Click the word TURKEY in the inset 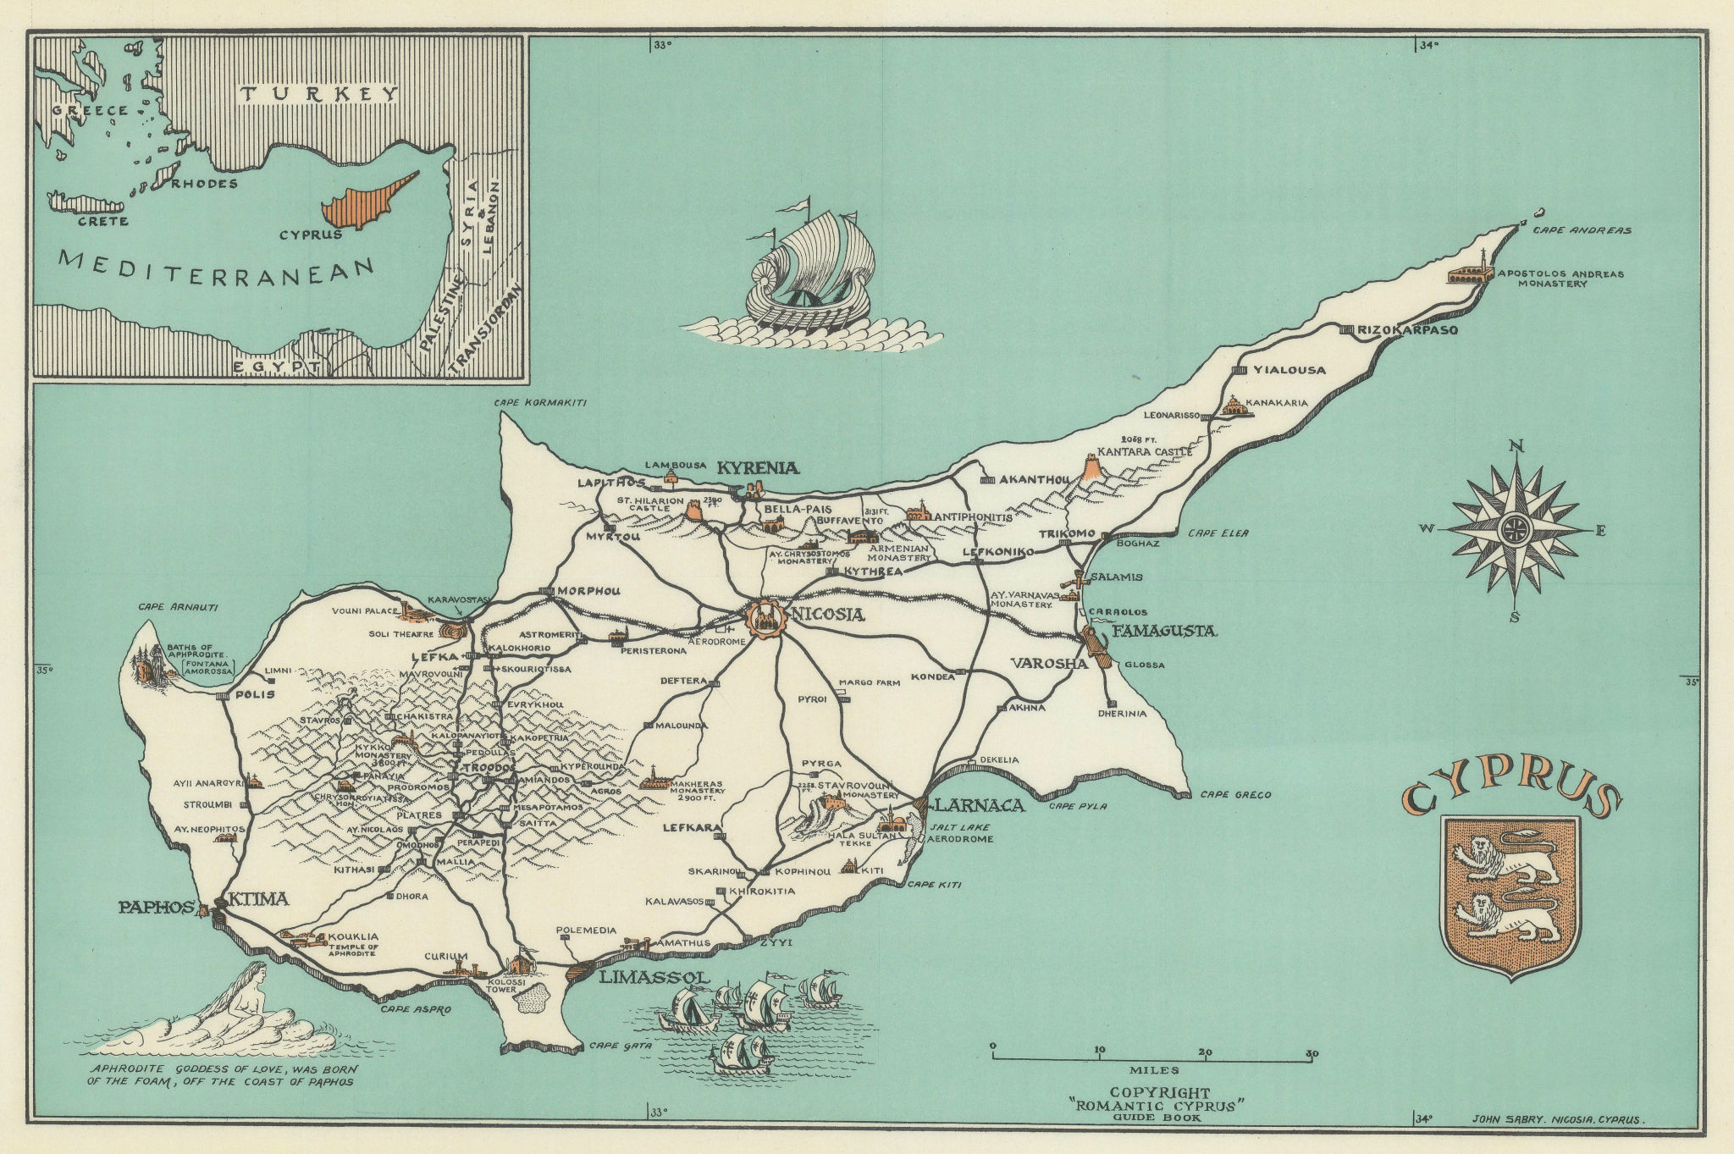coord(318,94)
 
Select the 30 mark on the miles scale coord(1311,1053)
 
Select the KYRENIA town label coord(759,467)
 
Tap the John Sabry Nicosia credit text coord(1558,1119)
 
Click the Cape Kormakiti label coord(540,403)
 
